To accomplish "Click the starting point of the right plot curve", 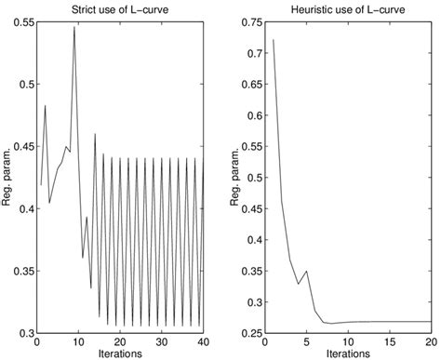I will (x=273, y=40).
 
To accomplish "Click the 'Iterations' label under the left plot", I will (x=119, y=354).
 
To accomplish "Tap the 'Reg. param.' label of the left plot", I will (x=7, y=178).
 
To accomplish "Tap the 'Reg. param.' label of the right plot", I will (x=236, y=178).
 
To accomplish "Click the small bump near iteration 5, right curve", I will (x=305, y=272).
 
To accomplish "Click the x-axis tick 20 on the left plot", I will (x=119, y=343).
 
